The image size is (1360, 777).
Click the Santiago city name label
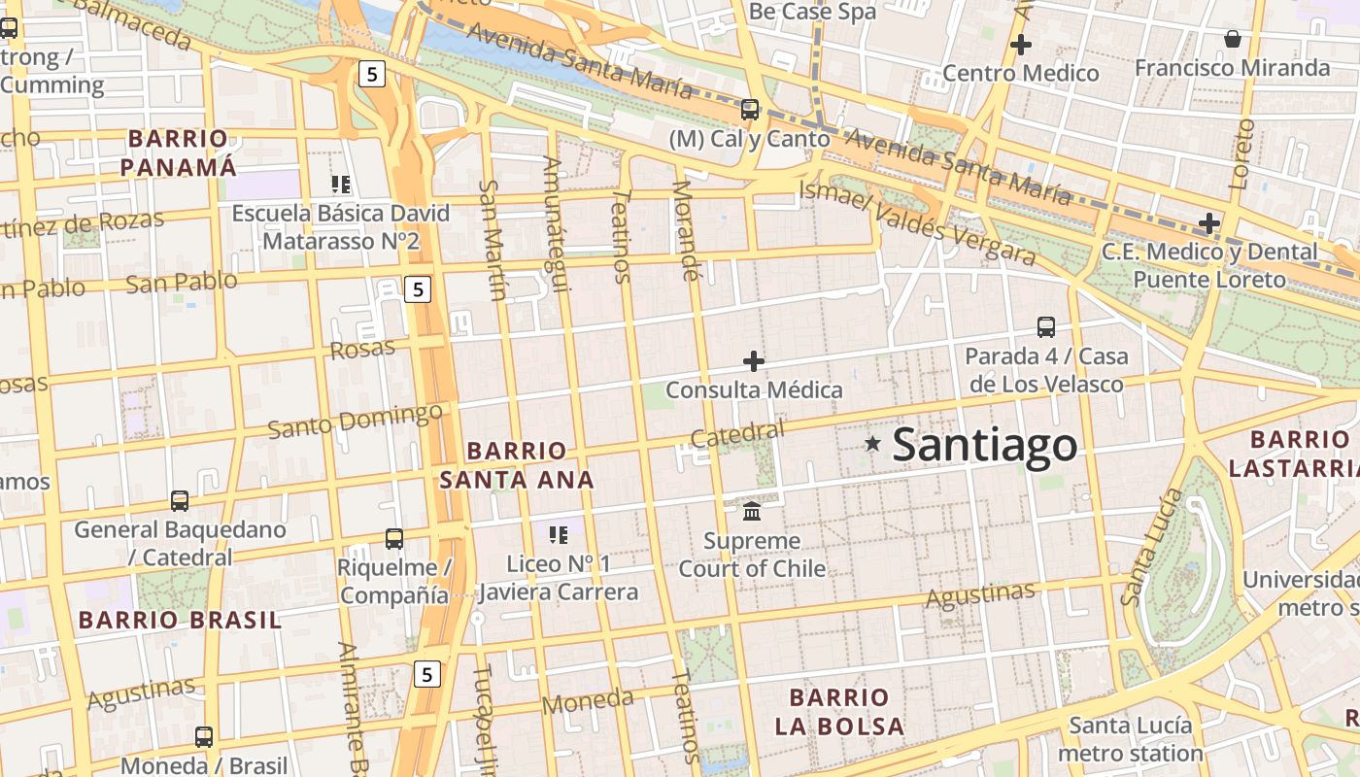[984, 445]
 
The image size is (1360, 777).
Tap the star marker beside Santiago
[872, 444]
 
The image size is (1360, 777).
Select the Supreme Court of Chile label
[752, 555]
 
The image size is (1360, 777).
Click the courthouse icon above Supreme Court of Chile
[752, 511]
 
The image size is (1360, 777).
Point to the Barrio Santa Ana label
[516, 465]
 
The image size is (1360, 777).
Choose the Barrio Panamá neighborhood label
[178, 152]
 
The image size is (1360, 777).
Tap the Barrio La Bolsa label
[839, 711]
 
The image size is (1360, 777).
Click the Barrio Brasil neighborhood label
[180, 620]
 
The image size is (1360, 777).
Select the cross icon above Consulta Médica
[753, 361]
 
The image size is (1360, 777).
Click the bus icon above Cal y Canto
[749, 109]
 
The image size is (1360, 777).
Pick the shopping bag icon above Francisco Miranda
[1232, 39]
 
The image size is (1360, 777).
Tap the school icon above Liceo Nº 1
[558, 534]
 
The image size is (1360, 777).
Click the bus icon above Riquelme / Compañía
[393, 538]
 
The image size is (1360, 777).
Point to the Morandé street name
[686, 230]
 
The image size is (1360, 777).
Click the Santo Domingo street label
[355, 421]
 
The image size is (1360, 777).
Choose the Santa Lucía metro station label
[1130, 739]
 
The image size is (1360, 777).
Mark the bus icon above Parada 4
[1045, 327]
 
